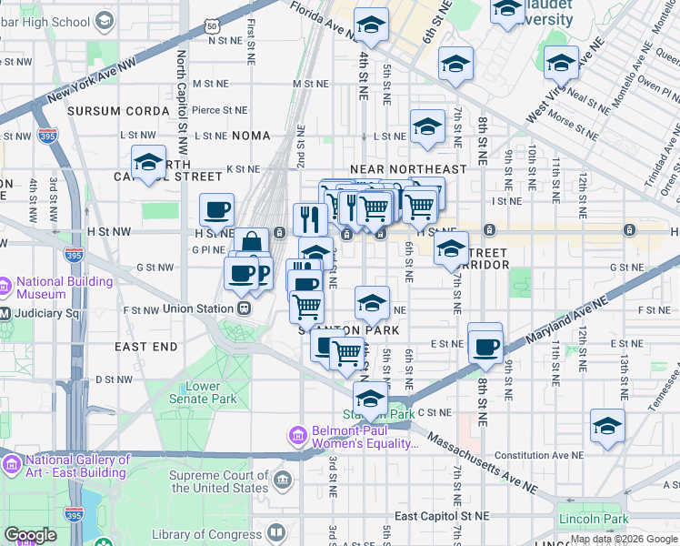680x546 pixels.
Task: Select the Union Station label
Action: click(x=202, y=309)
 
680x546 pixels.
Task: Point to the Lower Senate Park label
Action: click(x=211, y=392)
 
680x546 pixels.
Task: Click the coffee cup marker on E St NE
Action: click(x=486, y=346)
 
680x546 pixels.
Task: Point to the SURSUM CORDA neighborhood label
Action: click(x=117, y=110)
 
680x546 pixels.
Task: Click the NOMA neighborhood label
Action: click(x=251, y=135)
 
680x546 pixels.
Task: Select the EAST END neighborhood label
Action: click(x=145, y=347)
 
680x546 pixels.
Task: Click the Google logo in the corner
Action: click(x=30, y=535)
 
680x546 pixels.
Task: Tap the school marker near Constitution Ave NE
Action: click(x=607, y=426)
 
